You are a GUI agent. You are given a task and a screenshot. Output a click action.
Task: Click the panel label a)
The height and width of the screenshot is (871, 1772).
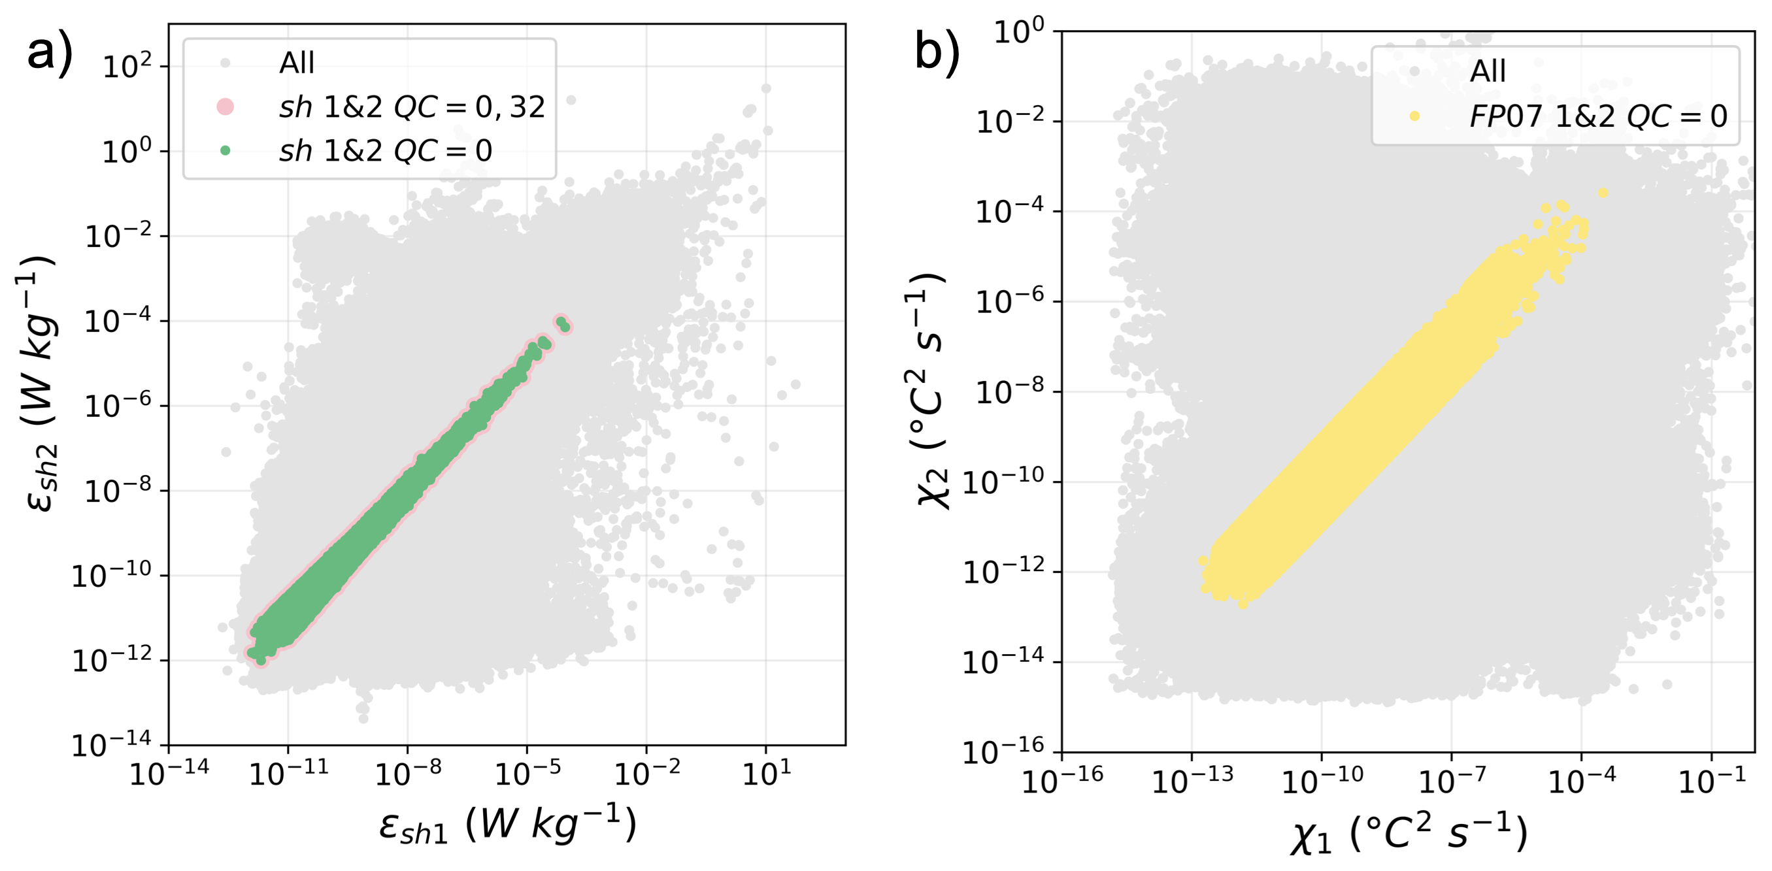click(x=50, y=53)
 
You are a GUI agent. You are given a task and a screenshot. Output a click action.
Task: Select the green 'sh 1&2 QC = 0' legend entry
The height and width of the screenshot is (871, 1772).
click(x=385, y=150)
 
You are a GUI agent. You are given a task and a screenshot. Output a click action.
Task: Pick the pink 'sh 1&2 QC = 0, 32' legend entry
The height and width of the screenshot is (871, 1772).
click(x=411, y=107)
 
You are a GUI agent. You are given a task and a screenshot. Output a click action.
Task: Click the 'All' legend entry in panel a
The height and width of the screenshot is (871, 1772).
click(x=297, y=63)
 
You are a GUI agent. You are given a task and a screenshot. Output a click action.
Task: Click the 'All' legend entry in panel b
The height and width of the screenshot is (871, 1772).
click(x=1487, y=71)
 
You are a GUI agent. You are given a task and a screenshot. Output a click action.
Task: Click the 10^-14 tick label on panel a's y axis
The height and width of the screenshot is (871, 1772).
click(x=111, y=744)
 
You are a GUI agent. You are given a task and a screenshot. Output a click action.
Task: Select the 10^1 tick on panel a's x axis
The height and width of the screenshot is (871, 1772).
click(x=766, y=774)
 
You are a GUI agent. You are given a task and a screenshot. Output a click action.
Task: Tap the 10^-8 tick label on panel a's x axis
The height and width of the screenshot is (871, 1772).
click(x=408, y=774)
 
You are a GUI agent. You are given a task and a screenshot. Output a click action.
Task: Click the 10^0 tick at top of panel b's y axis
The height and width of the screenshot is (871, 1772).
click(x=1018, y=31)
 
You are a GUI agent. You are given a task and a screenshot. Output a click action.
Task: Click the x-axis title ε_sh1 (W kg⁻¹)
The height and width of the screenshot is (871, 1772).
click(x=508, y=823)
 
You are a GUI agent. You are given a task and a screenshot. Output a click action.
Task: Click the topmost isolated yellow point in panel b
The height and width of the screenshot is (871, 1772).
click(x=1603, y=193)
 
